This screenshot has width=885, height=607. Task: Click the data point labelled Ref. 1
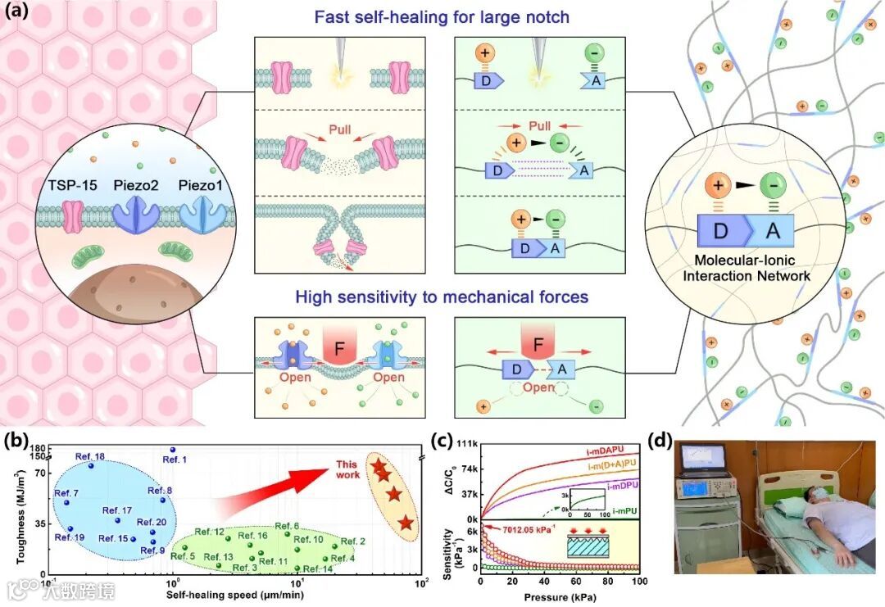(173, 450)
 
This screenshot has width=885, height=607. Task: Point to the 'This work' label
(347, 470)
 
